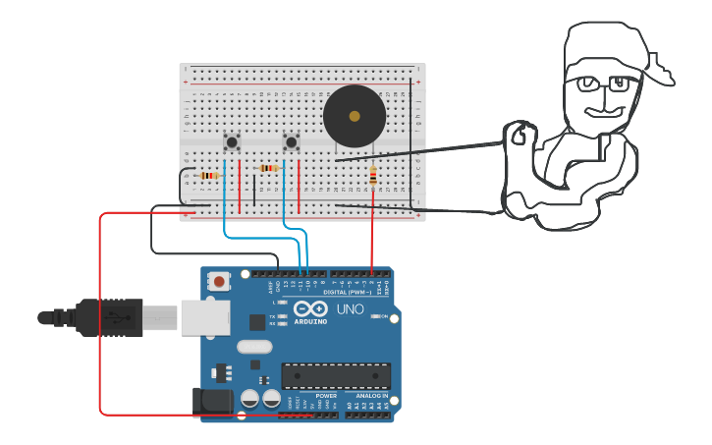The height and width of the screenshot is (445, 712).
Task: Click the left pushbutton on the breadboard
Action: tap(232, 142)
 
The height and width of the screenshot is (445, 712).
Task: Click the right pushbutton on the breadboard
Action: tap(291, 142)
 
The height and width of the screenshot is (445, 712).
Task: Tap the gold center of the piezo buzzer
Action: tap(354, 116)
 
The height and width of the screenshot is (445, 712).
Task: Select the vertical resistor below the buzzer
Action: tap(372, 177)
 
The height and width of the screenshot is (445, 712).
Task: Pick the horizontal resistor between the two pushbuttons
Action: tap(268, 168)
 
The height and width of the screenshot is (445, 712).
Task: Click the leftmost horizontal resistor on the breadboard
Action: tap(207, 176)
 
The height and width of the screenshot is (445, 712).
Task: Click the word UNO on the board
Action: tap(352, 309)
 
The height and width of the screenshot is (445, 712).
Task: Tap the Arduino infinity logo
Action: tap(309, 308)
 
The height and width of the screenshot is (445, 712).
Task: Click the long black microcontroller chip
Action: tap(336, 376)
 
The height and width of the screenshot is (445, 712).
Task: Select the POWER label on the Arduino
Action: tap(312, 396)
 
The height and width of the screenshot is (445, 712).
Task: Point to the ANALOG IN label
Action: tap(365, 396)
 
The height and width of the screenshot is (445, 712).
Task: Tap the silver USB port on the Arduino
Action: tap(205, 317)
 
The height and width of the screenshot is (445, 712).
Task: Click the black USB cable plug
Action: tap(108, 317)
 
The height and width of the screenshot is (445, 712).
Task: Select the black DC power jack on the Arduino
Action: tap(212, 401)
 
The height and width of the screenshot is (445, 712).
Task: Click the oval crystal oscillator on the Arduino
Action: tap(253, 346)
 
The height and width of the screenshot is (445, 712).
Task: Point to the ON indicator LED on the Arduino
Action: tap(374, 316)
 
